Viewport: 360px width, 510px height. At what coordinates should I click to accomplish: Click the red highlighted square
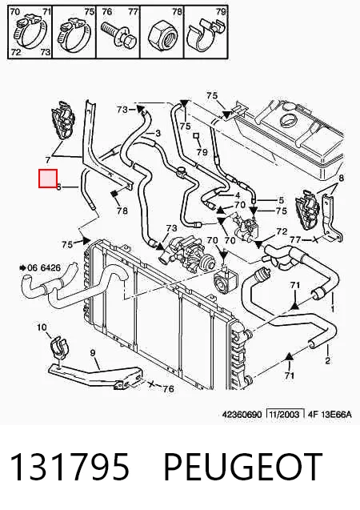pyautogui.click(x=48, y=179)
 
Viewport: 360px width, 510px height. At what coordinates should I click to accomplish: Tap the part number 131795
pyautogui.click(x=70, y=467)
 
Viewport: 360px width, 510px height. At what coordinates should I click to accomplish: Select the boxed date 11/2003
pyautogui.click(x=286, y=414)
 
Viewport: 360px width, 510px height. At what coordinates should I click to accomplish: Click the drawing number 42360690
pyautogui.click(x=242, y=415)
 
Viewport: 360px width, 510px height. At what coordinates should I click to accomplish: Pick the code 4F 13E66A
pyautogui.click(x=330, y=415)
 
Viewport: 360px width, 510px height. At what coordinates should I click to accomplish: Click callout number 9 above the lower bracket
pyautogui.click(x=93, y=352)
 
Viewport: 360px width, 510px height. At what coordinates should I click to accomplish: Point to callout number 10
pyautogui.click(x=42, y=327)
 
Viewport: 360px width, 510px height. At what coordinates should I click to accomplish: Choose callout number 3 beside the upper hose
pyautogui.click(x=158, y=133)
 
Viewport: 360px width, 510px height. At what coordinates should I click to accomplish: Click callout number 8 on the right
pyautogui.click(x=341, y=178)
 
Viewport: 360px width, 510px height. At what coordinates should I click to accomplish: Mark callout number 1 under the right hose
pyautogui.click(x=333, y=309)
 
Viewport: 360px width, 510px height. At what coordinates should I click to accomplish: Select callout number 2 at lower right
pyautogui.click(x=327, y=360)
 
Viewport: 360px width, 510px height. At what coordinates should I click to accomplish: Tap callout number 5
pyautogui.click(x=281, y=200)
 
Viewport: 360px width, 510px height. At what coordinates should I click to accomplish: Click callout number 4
pyautogui.click(x=238, y=195)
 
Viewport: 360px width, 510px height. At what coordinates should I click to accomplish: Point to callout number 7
pyautogui.click(x=48, y=159)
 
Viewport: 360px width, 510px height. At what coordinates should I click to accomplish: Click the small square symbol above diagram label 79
pyautogui.click(x=196, y=135)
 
